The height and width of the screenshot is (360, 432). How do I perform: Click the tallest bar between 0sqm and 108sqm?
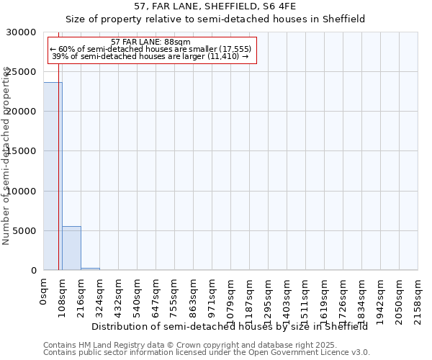pos(53,176)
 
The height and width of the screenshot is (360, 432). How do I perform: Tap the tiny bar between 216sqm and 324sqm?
pos(90,269)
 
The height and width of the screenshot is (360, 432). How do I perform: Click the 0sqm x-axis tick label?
pos(43,292)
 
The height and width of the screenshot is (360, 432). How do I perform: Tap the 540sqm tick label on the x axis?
pos(137,295)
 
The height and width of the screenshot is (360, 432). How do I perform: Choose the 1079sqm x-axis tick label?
pos(230,297)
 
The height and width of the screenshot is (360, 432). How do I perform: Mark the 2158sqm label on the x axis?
pos(418,297)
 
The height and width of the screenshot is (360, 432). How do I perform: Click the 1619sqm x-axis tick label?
pos(324,297)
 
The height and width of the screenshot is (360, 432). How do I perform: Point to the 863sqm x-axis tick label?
pos(193,295)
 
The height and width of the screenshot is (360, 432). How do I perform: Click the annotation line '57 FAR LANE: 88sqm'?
pos(151,42)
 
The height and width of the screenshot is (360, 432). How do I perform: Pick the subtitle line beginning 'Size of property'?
pos(215,19)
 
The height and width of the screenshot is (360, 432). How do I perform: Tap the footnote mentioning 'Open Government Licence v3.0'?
pos(207,353)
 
